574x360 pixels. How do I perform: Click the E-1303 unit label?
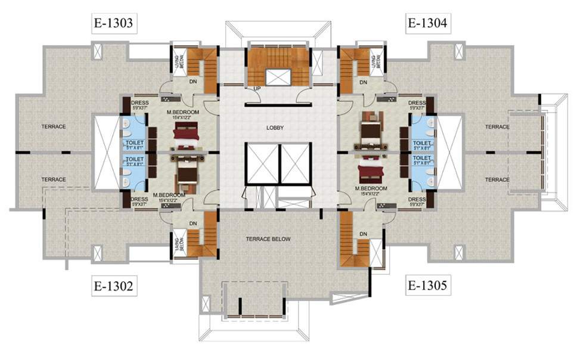[113, 24]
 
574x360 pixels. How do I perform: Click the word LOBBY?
[275, 128]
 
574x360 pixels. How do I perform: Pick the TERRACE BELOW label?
[268, 240]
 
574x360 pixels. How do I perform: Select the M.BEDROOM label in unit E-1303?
[183, 111]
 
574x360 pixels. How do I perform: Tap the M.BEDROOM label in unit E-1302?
[169, 195]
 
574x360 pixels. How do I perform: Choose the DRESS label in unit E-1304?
[417, 103]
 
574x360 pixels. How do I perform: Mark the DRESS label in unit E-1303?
[139, 103]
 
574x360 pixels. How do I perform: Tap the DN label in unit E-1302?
[193, 224]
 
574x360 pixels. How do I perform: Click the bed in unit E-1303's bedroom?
[185, 136]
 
